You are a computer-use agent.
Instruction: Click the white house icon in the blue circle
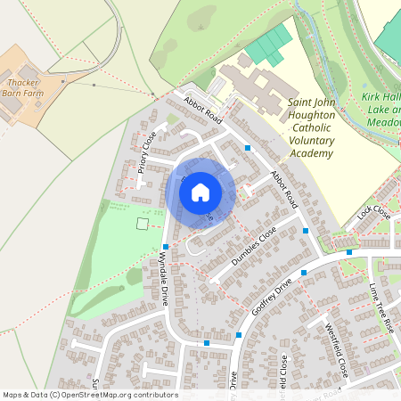pos(200,192)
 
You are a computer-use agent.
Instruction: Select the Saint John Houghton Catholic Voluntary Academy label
pos(310,128)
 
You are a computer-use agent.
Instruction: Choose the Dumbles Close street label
pos(254,246)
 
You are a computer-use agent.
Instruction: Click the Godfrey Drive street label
pos(272,293)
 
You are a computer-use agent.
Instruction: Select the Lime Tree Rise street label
pos(381,308)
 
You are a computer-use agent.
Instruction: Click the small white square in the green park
pos(142,224)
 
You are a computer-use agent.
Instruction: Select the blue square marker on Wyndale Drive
pos(166,247)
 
